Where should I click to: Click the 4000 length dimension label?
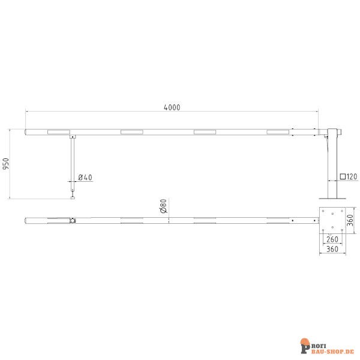(172, 107)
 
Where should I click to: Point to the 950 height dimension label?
(7, 164)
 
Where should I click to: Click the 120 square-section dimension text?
(352, 176)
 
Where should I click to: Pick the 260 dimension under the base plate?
(332, 239)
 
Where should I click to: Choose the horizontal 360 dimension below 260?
(332, 248)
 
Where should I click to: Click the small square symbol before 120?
(343, 176)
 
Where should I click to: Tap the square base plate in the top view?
(332, 220)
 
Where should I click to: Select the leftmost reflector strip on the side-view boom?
(58, 131)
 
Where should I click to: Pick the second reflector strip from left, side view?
(132, 131)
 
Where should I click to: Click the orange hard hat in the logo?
(305, 343)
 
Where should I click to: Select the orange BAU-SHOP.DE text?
(331, 348)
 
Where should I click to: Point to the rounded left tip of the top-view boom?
(27, 220)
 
